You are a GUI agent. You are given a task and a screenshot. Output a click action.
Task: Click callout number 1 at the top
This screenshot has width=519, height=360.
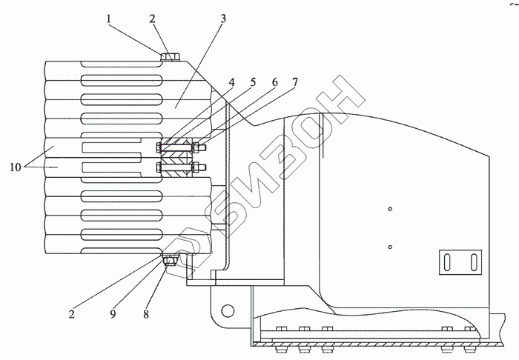click(x=108, y=19)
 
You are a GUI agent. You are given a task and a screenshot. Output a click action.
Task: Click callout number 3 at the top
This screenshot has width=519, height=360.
click(x=223, y=19)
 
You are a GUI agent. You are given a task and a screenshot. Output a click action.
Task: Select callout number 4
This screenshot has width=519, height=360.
click(x=231, y=81)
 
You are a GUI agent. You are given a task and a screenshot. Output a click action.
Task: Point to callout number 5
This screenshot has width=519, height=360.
click(x=253, y=81)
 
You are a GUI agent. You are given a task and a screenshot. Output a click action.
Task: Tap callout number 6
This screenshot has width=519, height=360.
click(x=274, y=81)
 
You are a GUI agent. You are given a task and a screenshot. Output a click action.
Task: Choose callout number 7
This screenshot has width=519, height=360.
click(x=295, y=81)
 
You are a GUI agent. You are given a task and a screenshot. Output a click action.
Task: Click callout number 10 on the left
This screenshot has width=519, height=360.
click(x=16, y=167)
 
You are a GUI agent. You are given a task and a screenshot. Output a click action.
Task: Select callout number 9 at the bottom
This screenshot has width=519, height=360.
click(x=113, y=314)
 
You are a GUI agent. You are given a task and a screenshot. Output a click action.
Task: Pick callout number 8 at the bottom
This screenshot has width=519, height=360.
click(x=146, y=314)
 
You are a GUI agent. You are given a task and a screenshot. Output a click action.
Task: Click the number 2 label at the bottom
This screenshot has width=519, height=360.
click(x=72, y=314)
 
